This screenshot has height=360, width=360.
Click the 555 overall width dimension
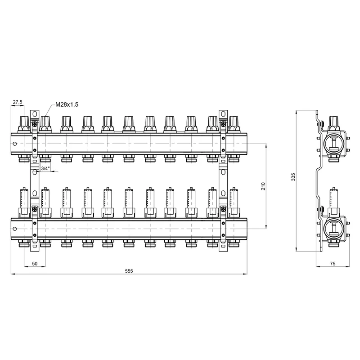point(129,271)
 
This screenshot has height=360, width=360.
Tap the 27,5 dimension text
point(18,102)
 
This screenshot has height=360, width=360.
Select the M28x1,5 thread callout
point(67,104)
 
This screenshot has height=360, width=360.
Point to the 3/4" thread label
point(45,168)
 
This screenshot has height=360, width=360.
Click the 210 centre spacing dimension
point(263,186)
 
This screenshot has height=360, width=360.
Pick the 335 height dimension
point(293,177)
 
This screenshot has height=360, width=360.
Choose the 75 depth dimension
point(333,264)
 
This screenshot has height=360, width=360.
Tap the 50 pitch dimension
point(35,264)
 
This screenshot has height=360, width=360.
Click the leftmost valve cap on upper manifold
point(24,124)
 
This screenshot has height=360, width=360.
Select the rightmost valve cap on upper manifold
point(234,124)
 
